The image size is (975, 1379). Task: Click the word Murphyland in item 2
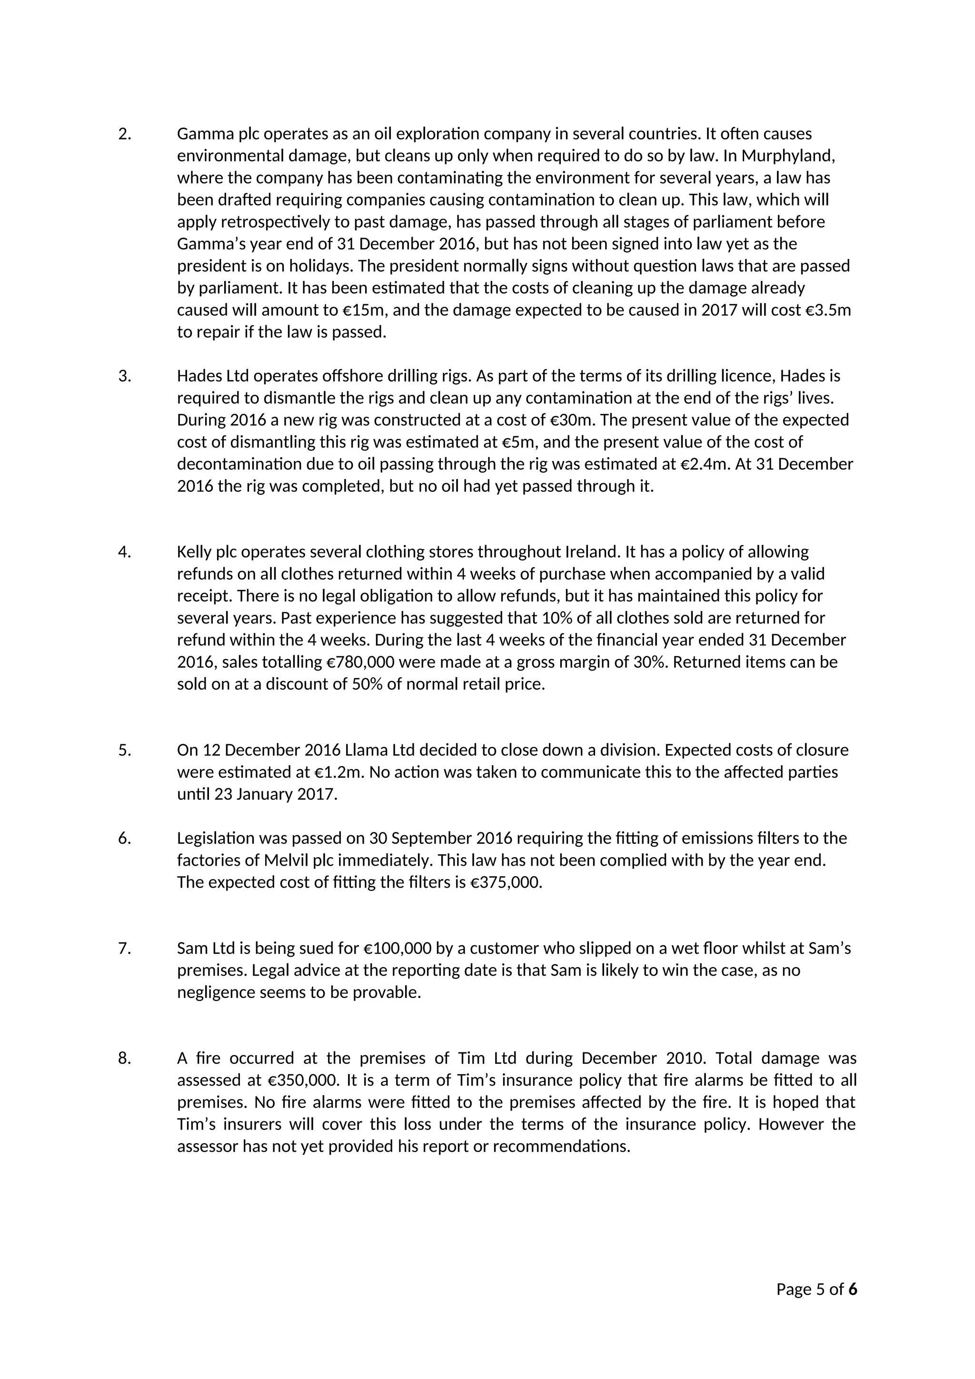tap(788, 156)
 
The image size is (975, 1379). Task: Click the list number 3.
tap(124, 376)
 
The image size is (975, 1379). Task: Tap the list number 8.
tap(124, 1058)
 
